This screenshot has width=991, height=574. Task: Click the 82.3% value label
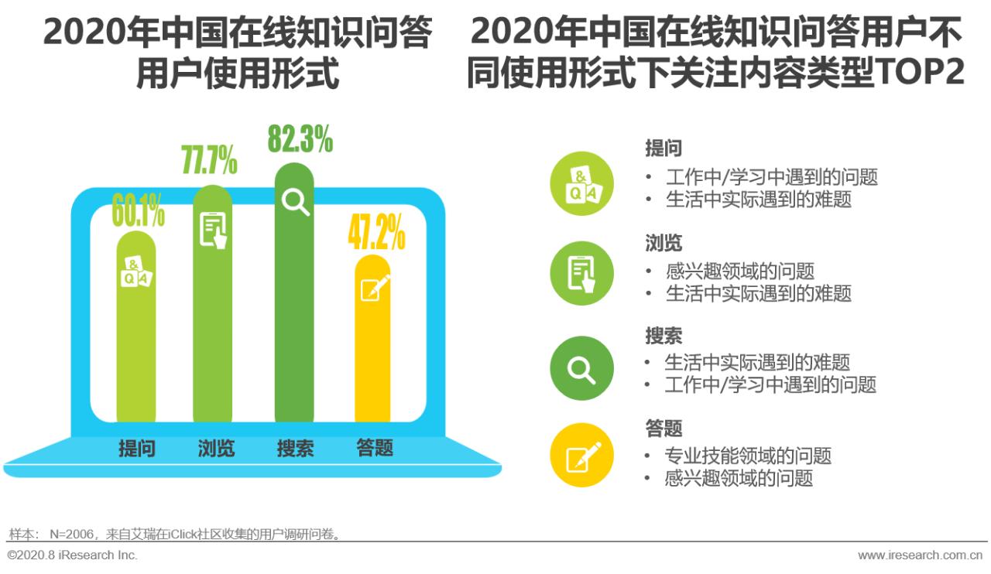coord(300,139)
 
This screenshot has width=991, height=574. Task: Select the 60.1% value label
coord(138,212)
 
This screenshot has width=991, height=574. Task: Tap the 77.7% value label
coord(209,159)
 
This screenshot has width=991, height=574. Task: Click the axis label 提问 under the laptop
coord(136,448)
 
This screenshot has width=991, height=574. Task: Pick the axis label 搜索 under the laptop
coord(296,448)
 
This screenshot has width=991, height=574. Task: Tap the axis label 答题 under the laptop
coord(375,448)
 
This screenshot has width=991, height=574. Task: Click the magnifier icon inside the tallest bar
coord(295,202)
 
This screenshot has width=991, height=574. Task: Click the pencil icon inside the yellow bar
coord(375,289)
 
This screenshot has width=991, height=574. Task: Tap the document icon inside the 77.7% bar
coord(214,230)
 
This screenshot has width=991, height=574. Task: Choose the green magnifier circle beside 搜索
coord(581,368)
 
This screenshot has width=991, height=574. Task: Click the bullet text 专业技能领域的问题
coord(747,456)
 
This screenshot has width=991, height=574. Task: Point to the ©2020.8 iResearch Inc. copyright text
coord(72,555)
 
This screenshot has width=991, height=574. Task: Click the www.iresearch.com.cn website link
coord(921,555)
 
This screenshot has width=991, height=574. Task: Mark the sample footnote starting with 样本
coord(175,534)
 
